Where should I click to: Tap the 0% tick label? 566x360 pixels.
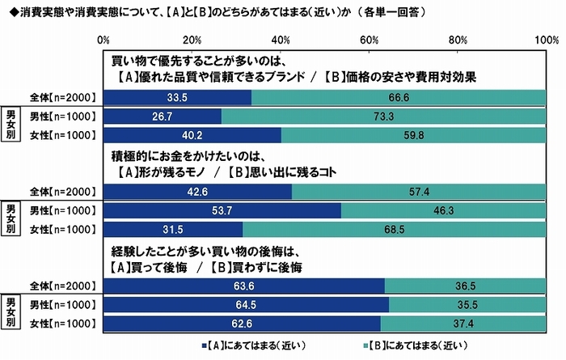[x=103, y=40]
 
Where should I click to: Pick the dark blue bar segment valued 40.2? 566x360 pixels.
[x=192, y=134]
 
